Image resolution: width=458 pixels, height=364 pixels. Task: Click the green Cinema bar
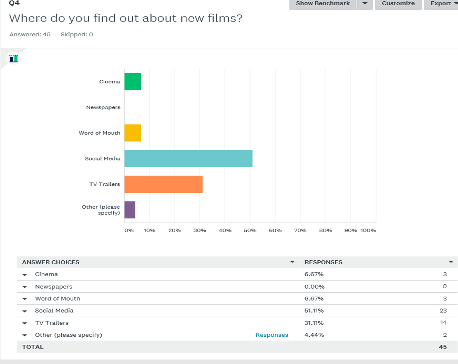133,81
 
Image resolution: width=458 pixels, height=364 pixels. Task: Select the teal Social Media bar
188,158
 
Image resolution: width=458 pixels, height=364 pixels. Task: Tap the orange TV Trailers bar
163,184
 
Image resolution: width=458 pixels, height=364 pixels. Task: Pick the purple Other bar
130,210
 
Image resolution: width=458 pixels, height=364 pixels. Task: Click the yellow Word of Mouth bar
133,133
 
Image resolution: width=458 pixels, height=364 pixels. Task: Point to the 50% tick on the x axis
250,230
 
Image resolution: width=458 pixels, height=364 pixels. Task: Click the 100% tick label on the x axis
368,230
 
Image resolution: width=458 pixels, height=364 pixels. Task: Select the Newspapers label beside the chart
103,107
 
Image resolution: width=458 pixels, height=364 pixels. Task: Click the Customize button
398,4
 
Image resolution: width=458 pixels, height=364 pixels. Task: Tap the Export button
441,4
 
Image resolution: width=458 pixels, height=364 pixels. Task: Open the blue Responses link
272,335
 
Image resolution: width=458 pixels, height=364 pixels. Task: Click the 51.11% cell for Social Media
314,311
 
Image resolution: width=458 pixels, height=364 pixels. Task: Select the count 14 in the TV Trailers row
443,323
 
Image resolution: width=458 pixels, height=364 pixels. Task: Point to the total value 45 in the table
443,347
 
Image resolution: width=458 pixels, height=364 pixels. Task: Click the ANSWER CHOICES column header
51,262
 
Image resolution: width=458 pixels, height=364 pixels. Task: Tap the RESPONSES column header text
323,262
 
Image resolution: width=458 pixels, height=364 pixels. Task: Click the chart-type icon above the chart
13,59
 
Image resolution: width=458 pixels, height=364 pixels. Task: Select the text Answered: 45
30,34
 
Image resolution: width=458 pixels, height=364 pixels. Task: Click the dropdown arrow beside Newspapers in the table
25,287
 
